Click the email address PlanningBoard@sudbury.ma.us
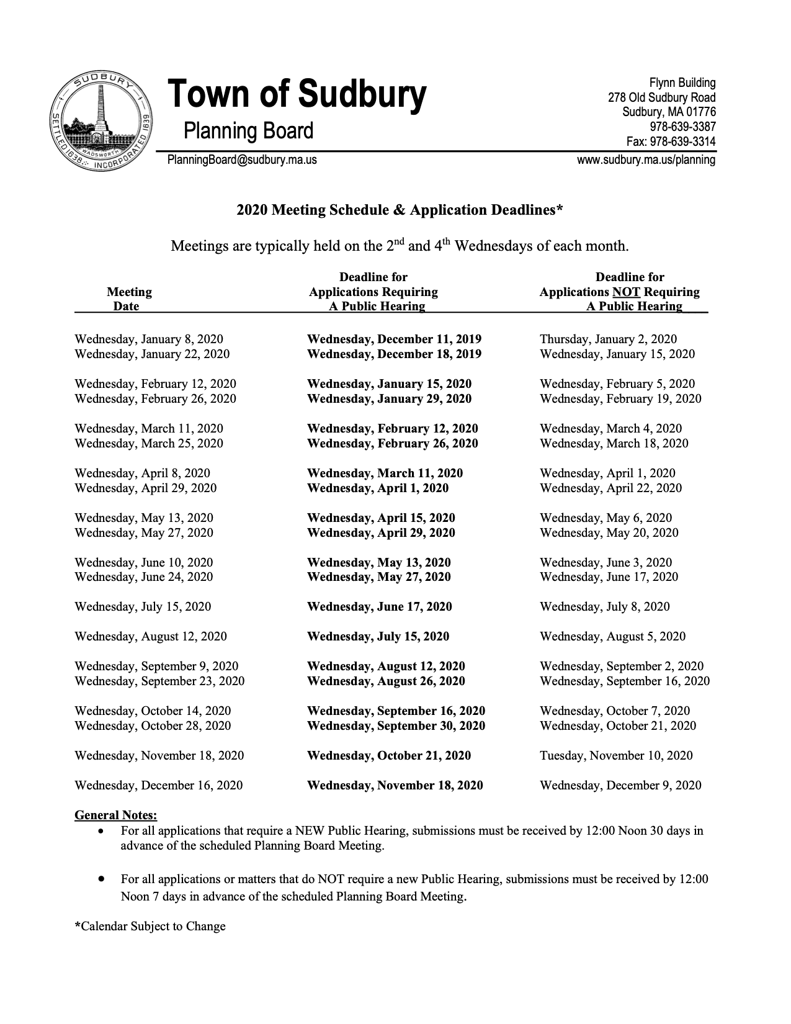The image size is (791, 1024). tap(242, 160)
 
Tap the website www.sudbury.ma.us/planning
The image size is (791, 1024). tap(646, 160)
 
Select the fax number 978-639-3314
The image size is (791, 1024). tap(671, 141)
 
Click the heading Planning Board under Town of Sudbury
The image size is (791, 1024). tap(248, 131)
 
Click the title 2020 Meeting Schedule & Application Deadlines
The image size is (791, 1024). tap(400, 210)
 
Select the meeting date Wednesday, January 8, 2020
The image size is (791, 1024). tap(149, 339)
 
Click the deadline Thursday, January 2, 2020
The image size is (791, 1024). tap(608, 339)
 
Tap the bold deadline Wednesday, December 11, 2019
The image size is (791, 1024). tap(394, 339)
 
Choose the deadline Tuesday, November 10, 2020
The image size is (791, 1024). tap(616, 755)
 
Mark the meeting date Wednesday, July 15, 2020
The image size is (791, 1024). tap(143, 606)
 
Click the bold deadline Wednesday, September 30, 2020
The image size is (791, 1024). tap(396, 725)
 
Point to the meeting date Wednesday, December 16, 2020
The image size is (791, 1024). tap(159, 785)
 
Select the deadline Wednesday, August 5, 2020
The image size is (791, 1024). tap(612, 636)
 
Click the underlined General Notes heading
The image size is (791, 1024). tap(115, 815)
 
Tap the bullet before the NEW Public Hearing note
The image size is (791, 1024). tap(101, 830)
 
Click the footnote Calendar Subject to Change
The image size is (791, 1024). tap(150, 926)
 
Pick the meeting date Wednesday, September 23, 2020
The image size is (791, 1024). tap(159, 681)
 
